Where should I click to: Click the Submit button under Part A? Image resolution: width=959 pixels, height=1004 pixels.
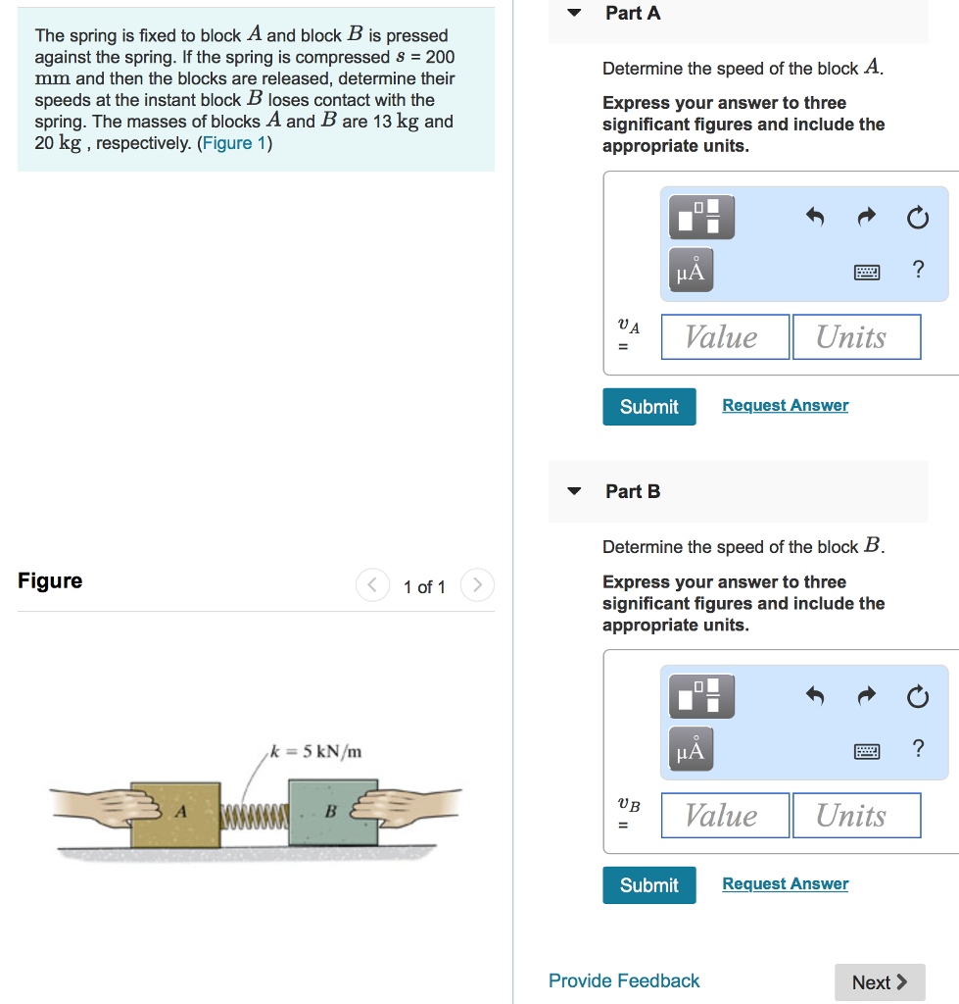[648, 407]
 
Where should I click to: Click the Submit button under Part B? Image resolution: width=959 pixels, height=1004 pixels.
[648, 885]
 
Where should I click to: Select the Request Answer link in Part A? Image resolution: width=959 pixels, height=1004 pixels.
[785, 406]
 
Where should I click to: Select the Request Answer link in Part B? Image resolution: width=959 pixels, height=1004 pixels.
[785, 884]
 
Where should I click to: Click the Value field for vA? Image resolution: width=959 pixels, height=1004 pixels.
[725, 337]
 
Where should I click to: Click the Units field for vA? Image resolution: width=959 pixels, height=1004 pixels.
[855, 337]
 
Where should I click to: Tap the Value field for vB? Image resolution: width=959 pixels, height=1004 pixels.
[725, 816]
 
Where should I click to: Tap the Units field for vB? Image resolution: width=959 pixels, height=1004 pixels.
[855, 816]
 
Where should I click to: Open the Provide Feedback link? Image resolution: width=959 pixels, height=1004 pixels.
[624, 980]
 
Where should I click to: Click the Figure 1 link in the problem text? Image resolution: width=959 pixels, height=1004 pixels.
[234, 143]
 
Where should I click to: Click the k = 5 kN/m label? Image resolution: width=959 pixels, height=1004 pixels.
[316, 752]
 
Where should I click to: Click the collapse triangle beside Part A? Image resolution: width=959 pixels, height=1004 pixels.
[575, 13]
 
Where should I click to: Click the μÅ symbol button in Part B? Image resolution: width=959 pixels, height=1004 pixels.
[691, 750]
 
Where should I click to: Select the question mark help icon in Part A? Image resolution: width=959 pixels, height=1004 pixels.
[917, 270]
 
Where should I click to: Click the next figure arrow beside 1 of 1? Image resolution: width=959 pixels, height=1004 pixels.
[477, 586]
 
